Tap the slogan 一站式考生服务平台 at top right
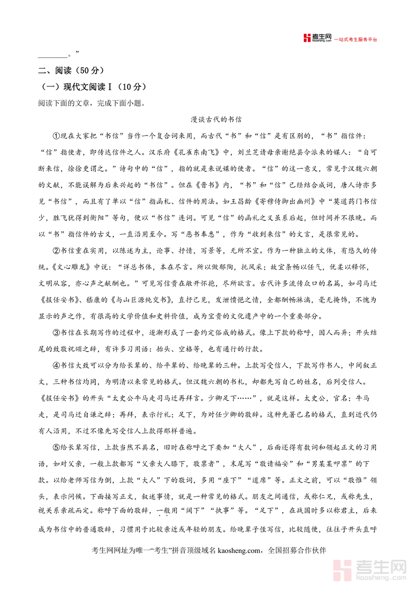click(x=356, y=39)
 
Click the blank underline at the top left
click(x=52, y=55)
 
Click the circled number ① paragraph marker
click(x=57, y=135)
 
